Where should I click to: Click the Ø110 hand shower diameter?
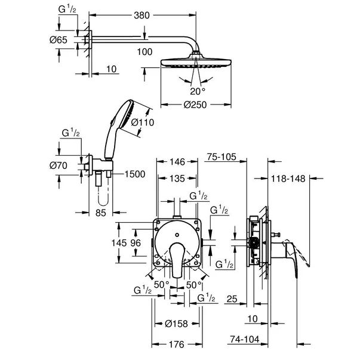click(x=143, y=122)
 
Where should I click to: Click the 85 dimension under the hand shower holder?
click(x=101, y=211)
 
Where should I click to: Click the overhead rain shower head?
click(x=196, y=62)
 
